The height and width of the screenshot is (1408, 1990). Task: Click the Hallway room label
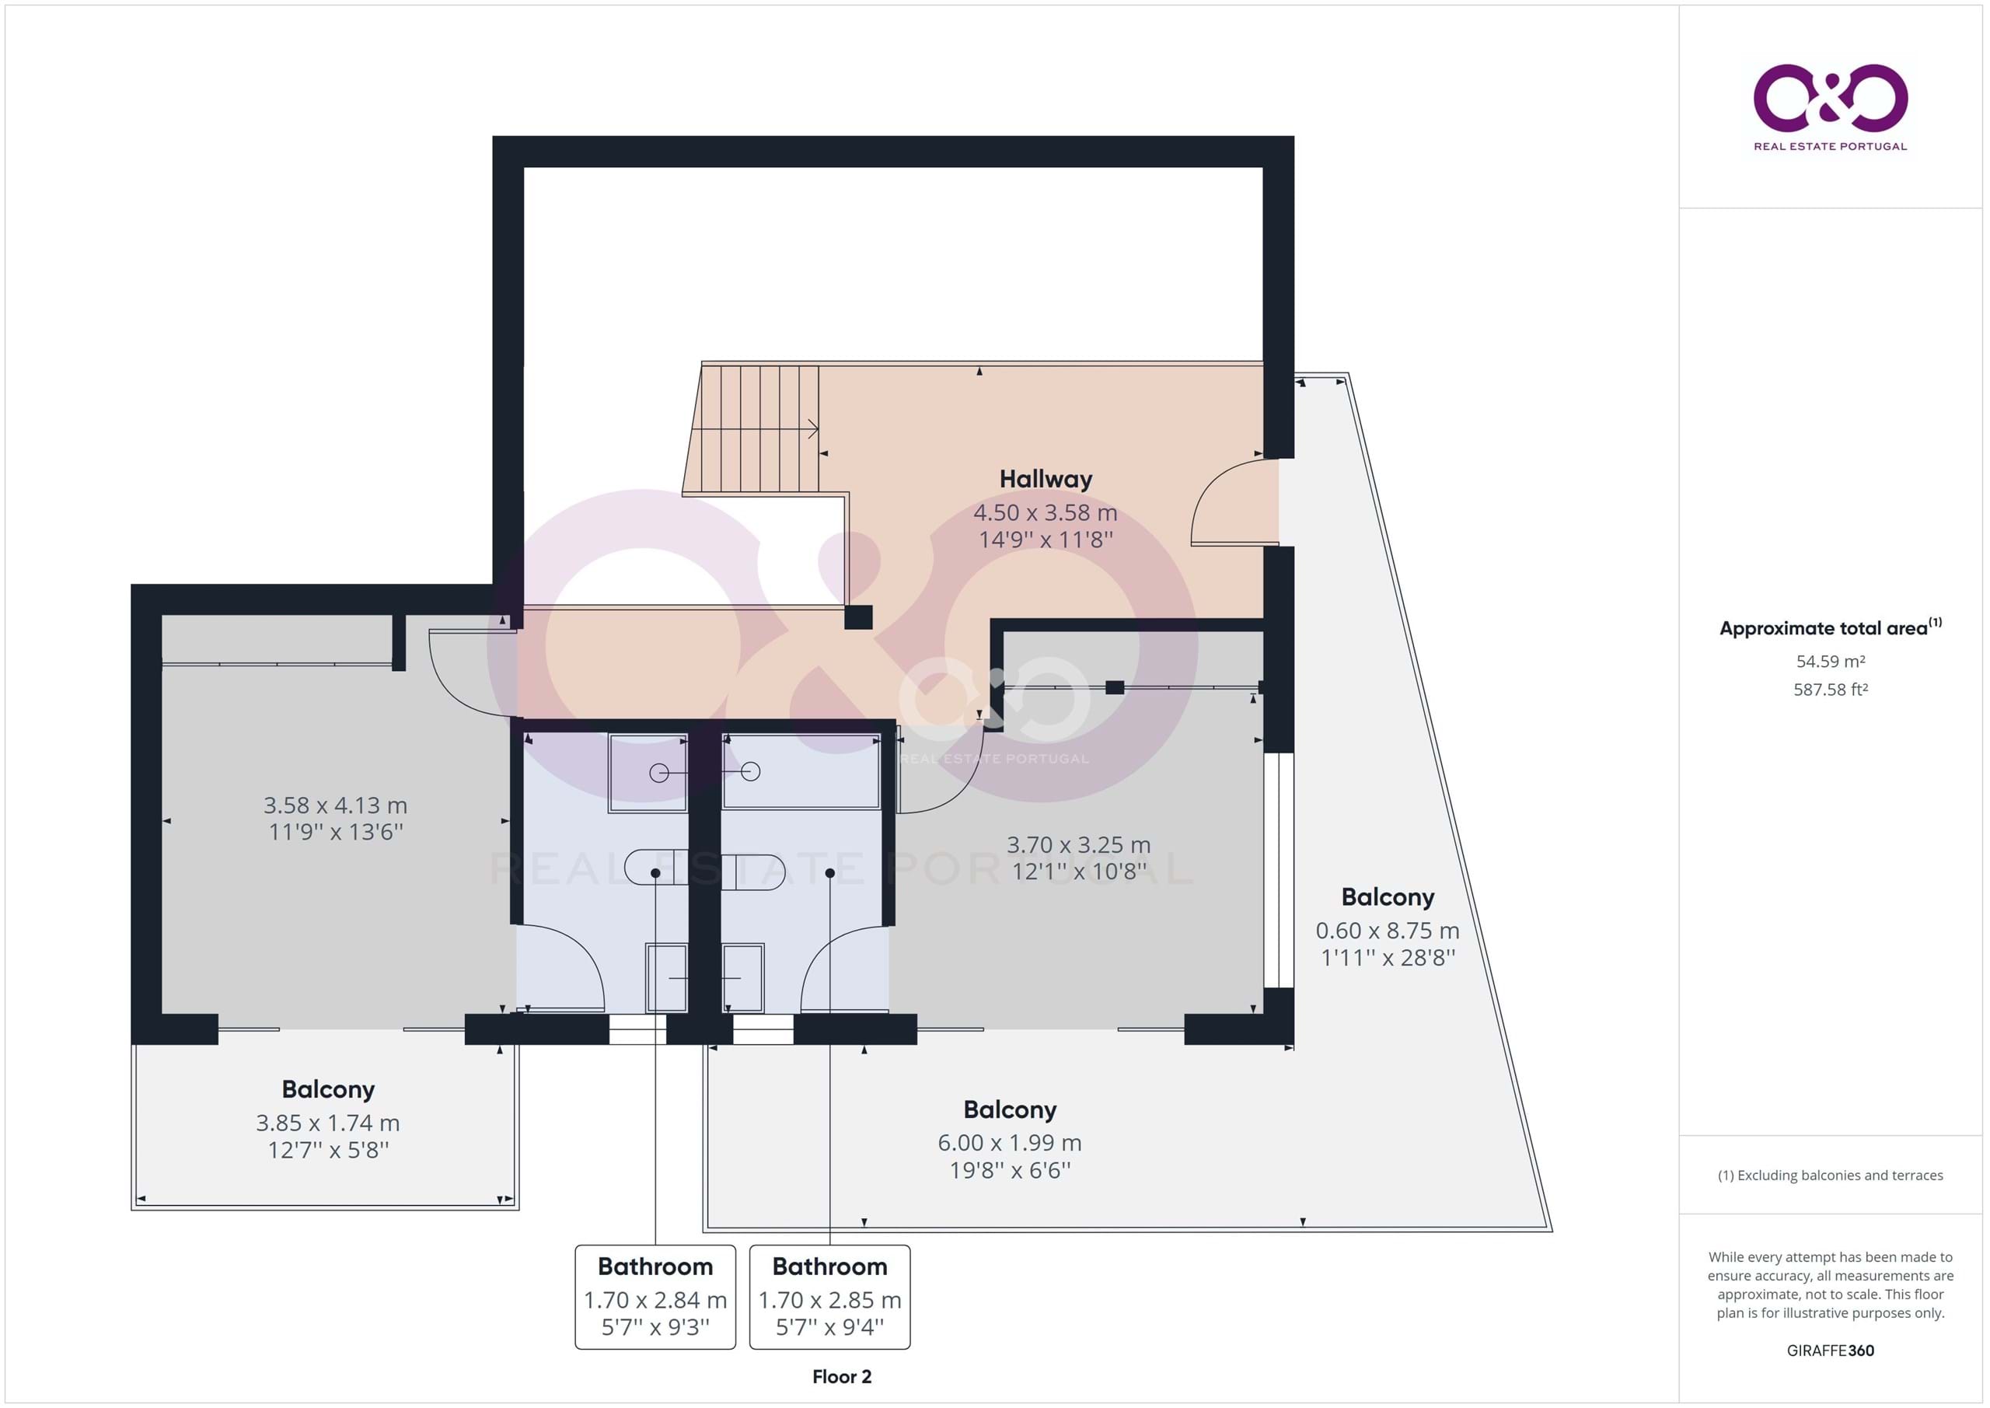pos(1046,479)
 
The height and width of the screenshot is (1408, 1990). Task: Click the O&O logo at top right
pos(1831,97)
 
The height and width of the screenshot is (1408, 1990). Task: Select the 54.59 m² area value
pos(1831,662)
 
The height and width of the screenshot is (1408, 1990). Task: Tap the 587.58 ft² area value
pos(1831,690)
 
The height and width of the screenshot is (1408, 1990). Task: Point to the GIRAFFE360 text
pos(1831,1350)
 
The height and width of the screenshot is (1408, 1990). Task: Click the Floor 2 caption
pos(842,1377)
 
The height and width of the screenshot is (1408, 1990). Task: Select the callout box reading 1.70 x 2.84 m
pos(655,1297)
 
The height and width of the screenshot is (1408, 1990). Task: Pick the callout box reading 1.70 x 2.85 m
pos(829,1297)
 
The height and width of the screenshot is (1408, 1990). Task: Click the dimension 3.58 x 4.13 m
pos(335,805)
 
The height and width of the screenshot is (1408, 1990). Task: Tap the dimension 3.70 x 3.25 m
pos(1079,844)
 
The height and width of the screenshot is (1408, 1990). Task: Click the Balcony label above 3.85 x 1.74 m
pos(329,1089)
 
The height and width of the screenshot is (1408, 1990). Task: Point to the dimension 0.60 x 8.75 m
pos(1388,931)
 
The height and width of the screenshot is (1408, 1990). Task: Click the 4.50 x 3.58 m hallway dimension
pos(1046,512)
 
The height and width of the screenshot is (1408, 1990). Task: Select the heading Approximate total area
pos(1831,627)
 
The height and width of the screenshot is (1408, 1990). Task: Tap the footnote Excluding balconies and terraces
pos(1831,1176)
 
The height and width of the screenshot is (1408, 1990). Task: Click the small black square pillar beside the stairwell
pos(858,617)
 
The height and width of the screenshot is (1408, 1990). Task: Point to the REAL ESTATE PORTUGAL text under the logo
pos(1831,146)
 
